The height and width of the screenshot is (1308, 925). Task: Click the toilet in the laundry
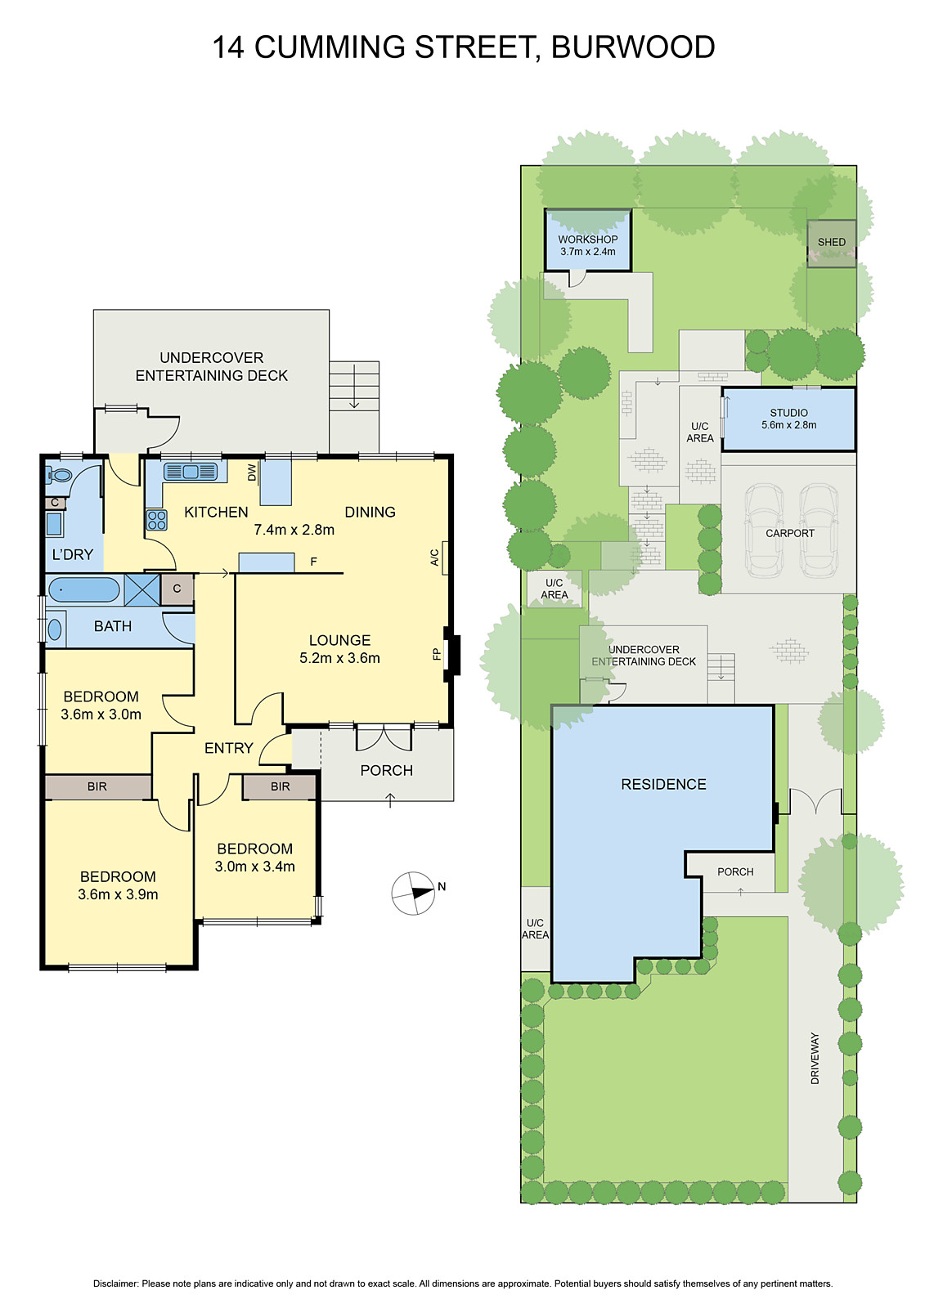(x=60, y=475)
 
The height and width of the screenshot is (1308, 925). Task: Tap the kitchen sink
(x=191, y=472)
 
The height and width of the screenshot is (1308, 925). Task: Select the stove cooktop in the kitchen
(x=156, y=520)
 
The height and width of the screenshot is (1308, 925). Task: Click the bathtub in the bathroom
(x=83, y=589)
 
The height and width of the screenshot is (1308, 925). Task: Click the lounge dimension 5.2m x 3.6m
(x=339, y=658)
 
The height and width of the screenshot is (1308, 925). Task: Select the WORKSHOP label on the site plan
(x=588, y=240)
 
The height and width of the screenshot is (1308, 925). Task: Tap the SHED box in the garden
(x=832, y=242)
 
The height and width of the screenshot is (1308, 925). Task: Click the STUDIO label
(x=788, y=413)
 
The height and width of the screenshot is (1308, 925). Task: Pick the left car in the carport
(x=763, y=531)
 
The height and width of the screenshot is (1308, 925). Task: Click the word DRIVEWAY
(x=815, y=1059)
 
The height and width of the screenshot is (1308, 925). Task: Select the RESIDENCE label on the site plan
(x=663, y=785)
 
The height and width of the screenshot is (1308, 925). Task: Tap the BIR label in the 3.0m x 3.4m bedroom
(x=280, y=786)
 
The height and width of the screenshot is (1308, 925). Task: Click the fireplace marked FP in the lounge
(x=451, y=654)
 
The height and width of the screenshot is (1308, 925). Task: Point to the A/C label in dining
(x=435, y=558)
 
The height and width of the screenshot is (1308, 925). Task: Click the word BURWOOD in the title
(x=633, y=47)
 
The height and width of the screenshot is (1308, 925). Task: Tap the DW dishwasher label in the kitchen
(x=252, y=472)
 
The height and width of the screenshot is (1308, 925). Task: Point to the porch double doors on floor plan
(x=384, y=737)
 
